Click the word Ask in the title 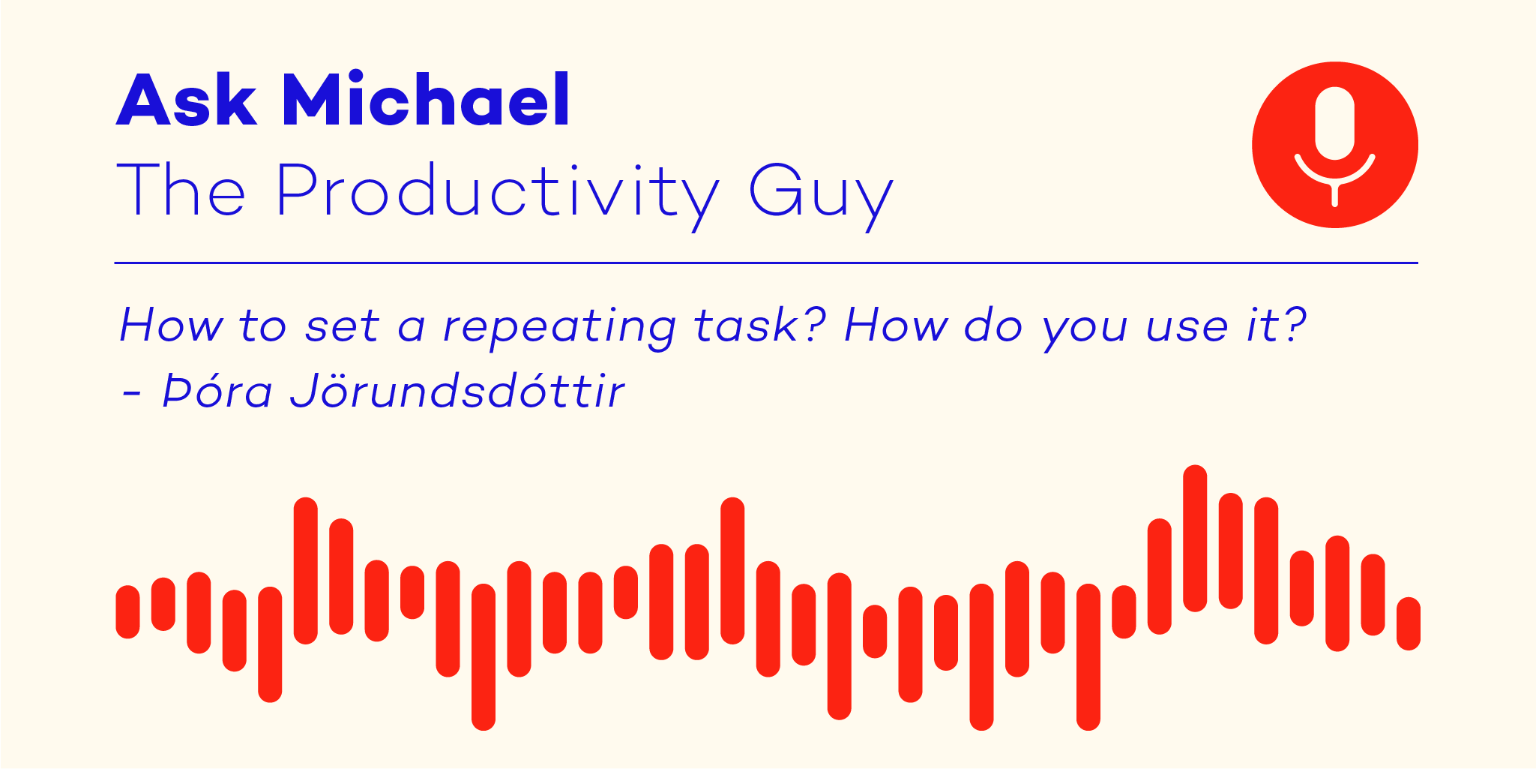tap(187, 99)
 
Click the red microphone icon tap(1334, 145)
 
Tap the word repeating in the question tap(559, 327)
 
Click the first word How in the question tap(172, 325)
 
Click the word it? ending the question tap(1277, 325)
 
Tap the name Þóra tap(217, 390)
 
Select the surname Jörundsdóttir tap(457, 390)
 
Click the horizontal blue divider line tap(766, 263)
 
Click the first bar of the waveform tap(127, 612)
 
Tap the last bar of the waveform tap(1409, 623)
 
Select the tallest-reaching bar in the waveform tap(1195, 538)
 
